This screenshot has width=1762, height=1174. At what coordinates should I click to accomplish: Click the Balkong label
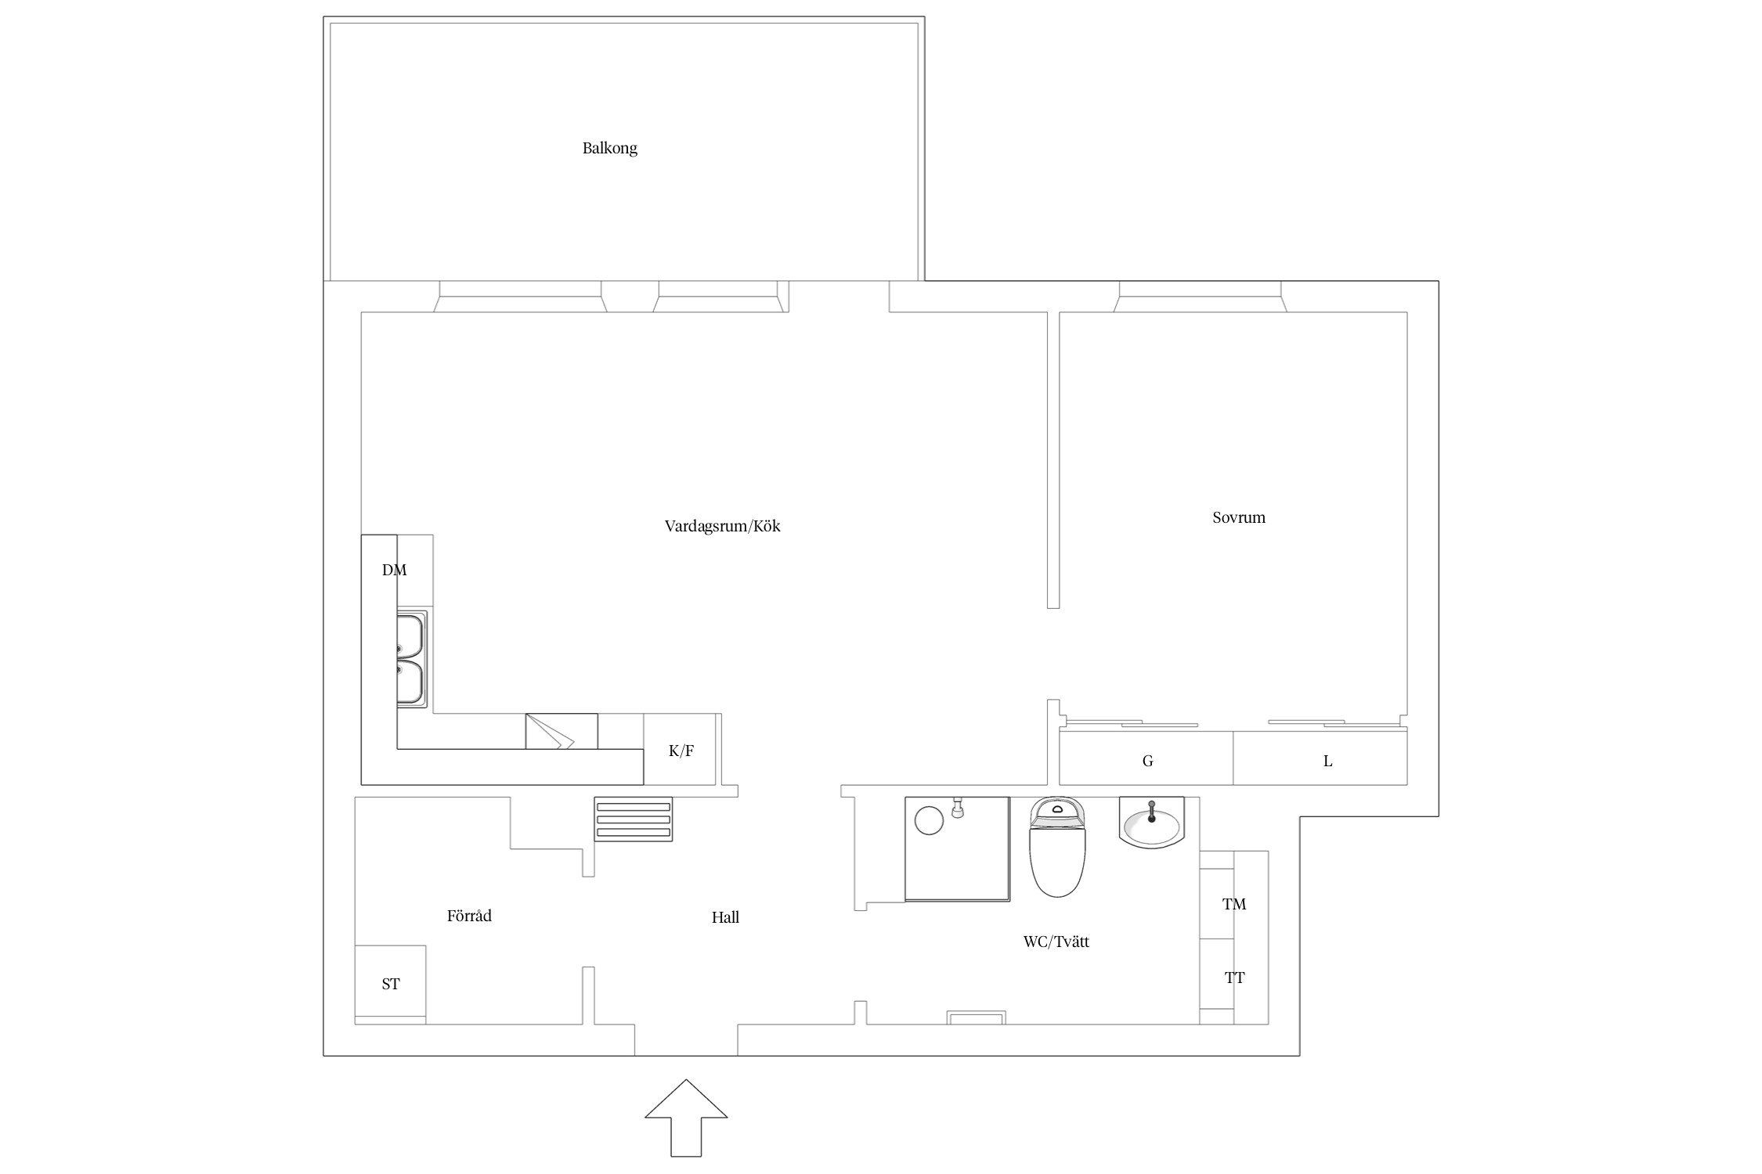pyautogui.click(x=609, y=149)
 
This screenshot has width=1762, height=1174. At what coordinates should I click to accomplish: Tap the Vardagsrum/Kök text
pyautogui.click(x=722, y=526)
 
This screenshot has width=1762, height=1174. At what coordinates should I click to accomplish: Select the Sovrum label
pyautogui.click(x=1238, y=517)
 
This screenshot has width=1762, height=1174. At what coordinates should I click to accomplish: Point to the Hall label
pyautogui.click(x=725, y=917)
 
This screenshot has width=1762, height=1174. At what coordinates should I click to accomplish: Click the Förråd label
pyautogui.click(x=469, y=915)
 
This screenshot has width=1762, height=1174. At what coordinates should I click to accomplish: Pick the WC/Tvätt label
pyautogui.click(x=1056, y=942)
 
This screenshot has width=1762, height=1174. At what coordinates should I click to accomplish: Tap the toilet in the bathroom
pyautogui.click(x=1057, y=847)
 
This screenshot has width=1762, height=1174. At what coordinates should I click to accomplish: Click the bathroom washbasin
pyautogui.click(x=1151, y=823)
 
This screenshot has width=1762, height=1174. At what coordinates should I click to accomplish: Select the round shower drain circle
pyautogui.click(x=929, y=821)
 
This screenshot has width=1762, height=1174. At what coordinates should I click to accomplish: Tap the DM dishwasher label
pyautogui.click(x=395, y=571)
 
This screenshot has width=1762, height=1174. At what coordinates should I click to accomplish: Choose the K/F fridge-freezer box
pyautogui.click(x=680, y=749)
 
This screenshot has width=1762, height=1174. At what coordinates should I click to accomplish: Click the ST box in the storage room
pyautogui.click(x=390, y=984)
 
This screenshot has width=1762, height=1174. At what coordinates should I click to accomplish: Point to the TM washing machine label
pyautogui.click(x=1234, y=905)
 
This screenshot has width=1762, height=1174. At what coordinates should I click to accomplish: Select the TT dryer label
pyautogui.click(x=1234, y=978)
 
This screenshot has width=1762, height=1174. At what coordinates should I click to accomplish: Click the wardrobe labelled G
pyautogui.click(x=1146, y=758)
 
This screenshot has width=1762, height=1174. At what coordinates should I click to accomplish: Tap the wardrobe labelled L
pyautogui.click(x=1320, y=758)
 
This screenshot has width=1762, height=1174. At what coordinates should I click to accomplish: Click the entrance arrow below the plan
pyautogui.click(x=686, y=1118)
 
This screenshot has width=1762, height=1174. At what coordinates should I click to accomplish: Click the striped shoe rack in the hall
pyautogui.click(x=633, y=819)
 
